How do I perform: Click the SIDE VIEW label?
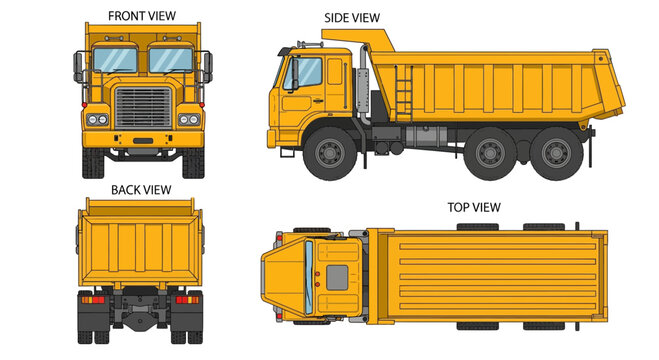coord(352,18)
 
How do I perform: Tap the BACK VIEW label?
coord(140,189)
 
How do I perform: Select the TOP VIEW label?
coord(474,207)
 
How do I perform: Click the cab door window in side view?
coord(306,71)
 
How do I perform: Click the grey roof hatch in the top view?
coord(338,276)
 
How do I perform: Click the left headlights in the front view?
coord(97,120)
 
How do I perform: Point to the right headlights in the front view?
coord(187,120)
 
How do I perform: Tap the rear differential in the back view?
coord(140,316)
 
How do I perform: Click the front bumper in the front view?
coord(142,139)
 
